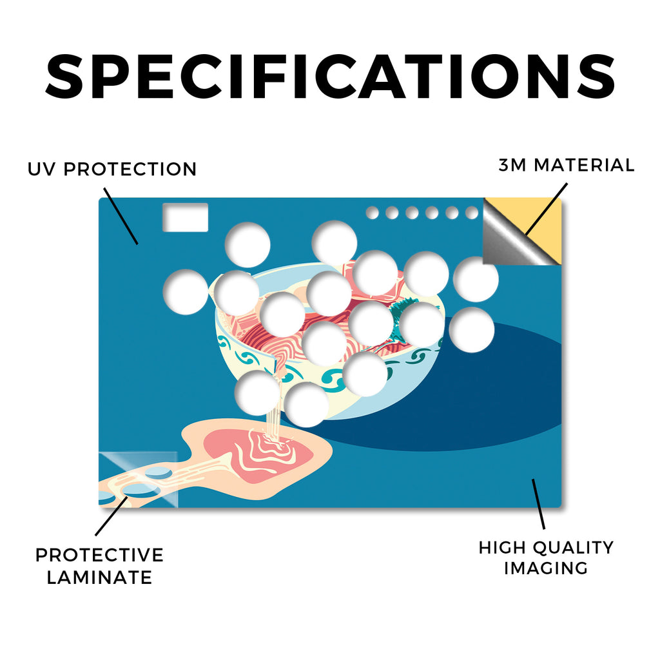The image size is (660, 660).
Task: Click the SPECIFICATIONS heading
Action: tap(330, 77)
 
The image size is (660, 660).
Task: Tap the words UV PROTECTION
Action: tap(112, 170)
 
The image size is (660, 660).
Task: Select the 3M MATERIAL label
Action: tap(567, 165)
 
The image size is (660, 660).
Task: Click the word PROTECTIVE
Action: tap(99, 555)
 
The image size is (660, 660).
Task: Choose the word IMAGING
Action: tap(546, 568)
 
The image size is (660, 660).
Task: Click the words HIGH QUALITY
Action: tap(546, 548)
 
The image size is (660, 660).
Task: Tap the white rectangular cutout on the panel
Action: tap(185, 217)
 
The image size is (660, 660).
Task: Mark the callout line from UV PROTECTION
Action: tap(121, 216)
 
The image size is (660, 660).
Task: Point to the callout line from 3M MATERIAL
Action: tap(547, 209)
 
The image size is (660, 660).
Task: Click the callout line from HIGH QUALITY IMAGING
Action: tap(538, 504)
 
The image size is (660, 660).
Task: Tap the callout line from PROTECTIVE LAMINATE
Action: tap(112, 516)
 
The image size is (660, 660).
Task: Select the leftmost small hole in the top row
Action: tap(372, 213)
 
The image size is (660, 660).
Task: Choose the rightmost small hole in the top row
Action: tap(472, 213)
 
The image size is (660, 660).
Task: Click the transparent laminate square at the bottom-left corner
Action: tap(138, 480)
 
